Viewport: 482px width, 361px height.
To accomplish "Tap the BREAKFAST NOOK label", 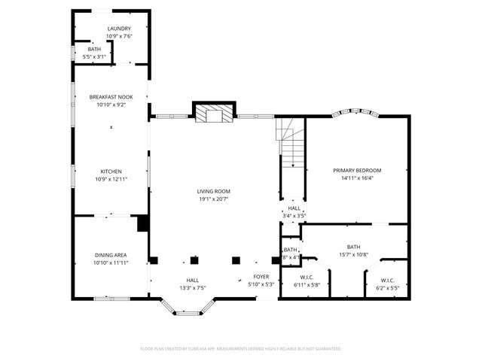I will click(111, 97).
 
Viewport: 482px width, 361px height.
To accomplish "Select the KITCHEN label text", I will click(111, 171).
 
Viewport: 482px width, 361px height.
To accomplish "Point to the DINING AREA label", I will click(111, 255).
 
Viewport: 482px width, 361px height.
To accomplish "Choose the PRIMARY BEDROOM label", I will click(358, 171).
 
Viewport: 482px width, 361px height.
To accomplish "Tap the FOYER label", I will click(261, 278).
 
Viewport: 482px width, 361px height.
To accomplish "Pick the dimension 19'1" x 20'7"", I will click(213, 199).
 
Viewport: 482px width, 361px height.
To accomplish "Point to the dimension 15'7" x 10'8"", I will click(353, 254).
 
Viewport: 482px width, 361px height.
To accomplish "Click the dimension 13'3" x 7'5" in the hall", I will click(193, 287).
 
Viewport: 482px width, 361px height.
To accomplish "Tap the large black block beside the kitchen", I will click(142, 223).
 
